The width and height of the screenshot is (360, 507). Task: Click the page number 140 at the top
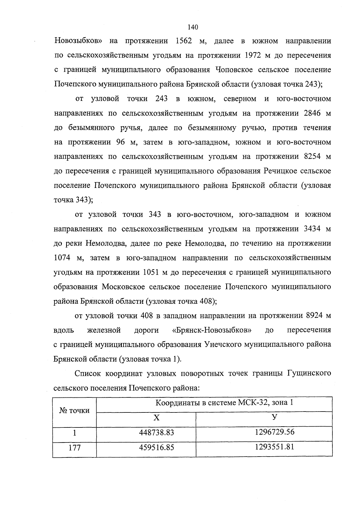(x=193, y=27)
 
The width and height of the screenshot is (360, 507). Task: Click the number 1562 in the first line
(x=182, y=41)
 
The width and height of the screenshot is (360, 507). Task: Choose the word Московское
(x=123, y=287)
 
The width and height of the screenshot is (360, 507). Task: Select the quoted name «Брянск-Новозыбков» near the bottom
(x=212, y=330)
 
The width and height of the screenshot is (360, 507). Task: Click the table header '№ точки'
(x=74, y=411)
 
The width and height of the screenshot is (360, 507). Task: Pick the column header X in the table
(x=157, y=418)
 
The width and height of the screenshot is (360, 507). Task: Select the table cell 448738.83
(x=157, y=433)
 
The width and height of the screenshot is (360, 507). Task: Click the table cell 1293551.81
(x=274, y=447)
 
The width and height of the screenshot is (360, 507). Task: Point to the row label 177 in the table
(x=74, y=448)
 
